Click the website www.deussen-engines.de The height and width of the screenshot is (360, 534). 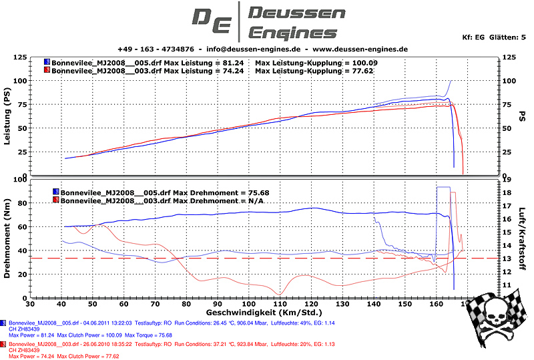pyautogui.click(x=360, y=49)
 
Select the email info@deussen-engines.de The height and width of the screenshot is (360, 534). pyautogui.click(x=253, y=49)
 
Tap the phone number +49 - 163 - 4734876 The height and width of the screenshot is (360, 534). pyautogui.click(x=156, y=49)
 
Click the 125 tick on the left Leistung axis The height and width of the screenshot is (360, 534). pyautogui.click(x=20, y=57)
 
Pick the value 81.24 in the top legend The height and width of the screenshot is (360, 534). pyautogui.click(x=232, y=62)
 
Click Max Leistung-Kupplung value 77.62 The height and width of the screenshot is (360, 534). pyautogui.click(x=378, y=69)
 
